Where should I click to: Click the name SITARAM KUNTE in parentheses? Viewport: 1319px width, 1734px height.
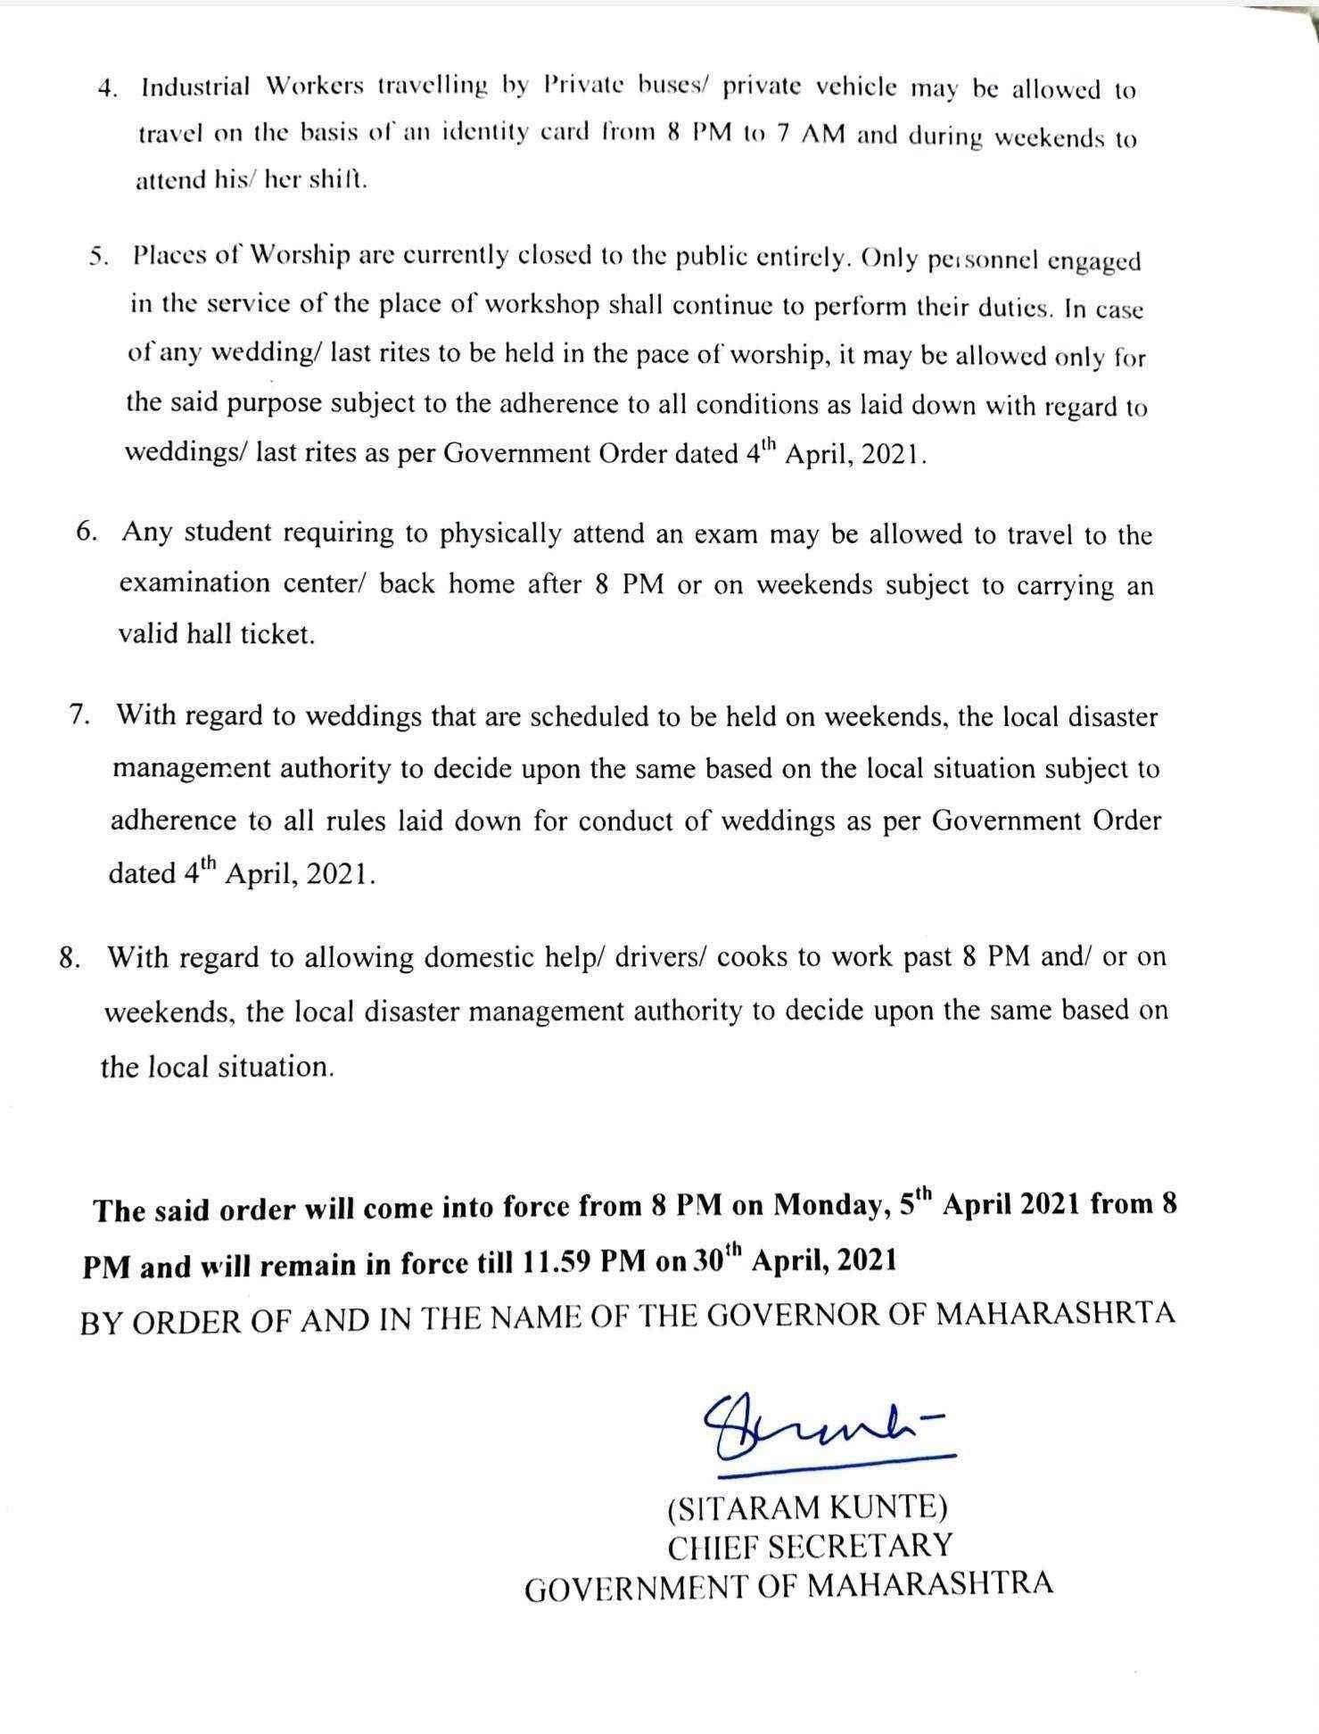tap(807, 1507)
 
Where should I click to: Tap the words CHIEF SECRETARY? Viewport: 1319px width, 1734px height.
tap(810, 1545)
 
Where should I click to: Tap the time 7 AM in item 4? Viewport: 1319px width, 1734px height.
tap(810, 137)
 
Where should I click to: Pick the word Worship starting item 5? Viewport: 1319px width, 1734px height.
tap(300, 255)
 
